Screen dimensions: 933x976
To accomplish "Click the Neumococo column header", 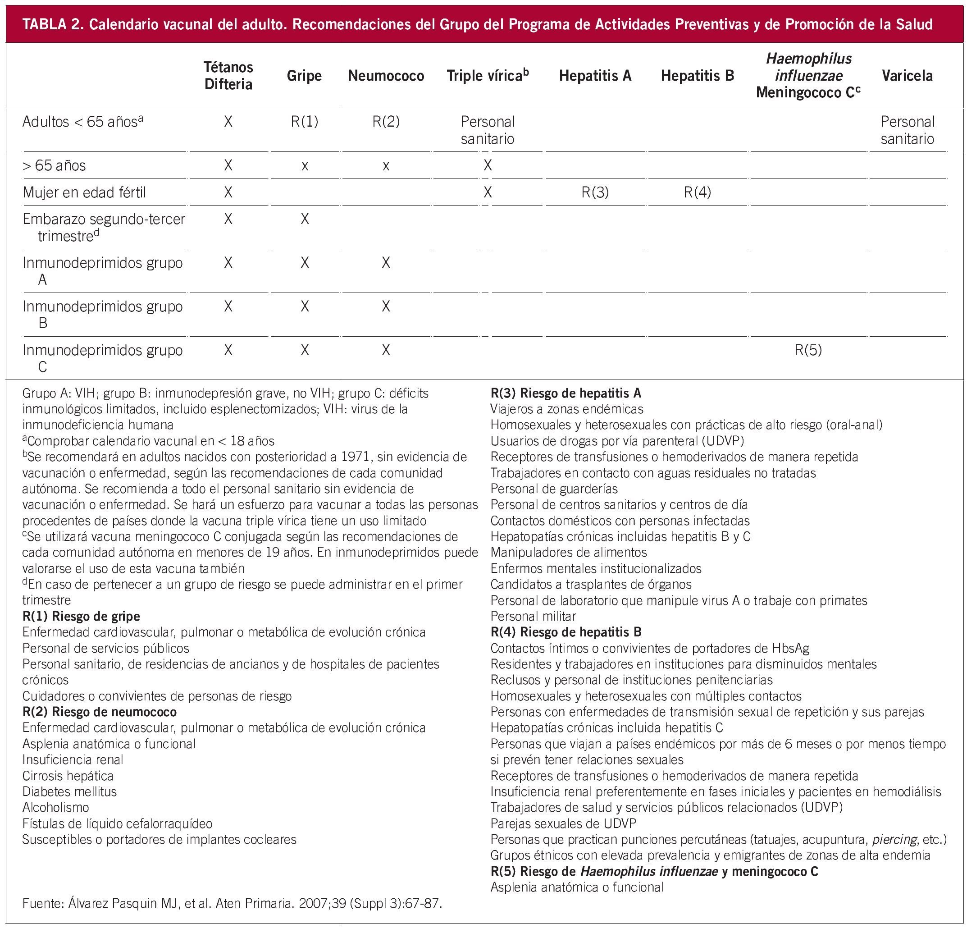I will click(386, 76).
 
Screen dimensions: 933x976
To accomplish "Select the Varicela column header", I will click(907, 76).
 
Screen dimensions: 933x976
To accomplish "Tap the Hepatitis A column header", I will click(595, 76).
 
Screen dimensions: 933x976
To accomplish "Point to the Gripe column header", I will click(304, 76).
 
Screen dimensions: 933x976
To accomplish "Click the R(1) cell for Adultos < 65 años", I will click(304, 122).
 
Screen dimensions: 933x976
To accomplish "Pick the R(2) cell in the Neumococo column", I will click(386, 122).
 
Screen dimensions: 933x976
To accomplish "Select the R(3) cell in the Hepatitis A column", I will click(595, 192).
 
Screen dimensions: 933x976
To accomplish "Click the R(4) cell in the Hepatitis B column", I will click(697, 192).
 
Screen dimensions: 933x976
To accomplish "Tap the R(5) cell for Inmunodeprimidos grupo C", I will click(808, 350).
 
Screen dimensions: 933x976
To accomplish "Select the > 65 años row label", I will click(54, 165).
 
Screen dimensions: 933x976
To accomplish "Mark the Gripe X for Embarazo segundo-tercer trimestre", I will click(305, 220).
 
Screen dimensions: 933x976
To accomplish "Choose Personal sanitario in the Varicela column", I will click(907, 130).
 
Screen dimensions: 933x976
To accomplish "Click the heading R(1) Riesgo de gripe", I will click(81, 616).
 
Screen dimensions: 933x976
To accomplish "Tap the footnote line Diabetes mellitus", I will click(69, 791).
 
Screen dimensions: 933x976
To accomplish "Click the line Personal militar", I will click(533, 616).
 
